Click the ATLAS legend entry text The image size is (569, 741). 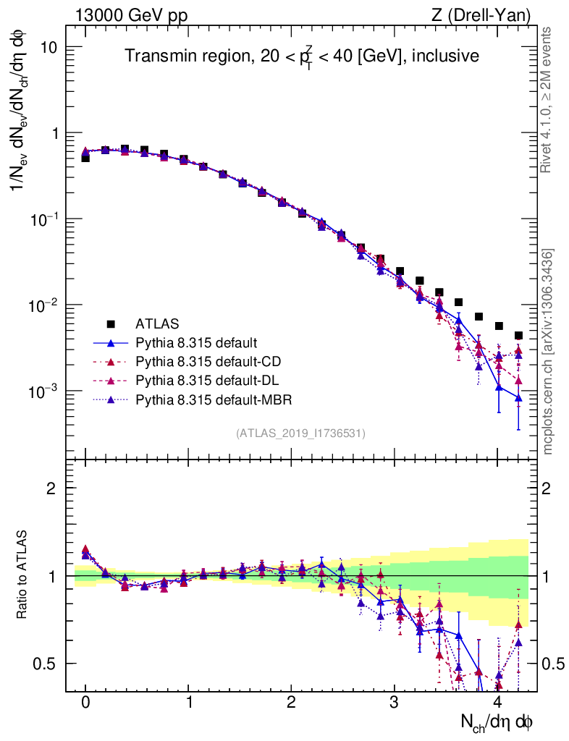click(157, 323)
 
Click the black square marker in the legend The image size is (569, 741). click(111, 323)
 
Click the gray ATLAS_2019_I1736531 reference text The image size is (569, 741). click(300, 433)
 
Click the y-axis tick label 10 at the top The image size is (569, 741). click(49, 47)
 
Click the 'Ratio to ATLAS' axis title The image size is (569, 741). click(24, 575)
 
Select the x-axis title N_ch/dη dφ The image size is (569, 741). click(497, 722)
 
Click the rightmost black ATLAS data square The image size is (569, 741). click(518, 335)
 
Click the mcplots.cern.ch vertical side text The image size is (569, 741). click(549, 352)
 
